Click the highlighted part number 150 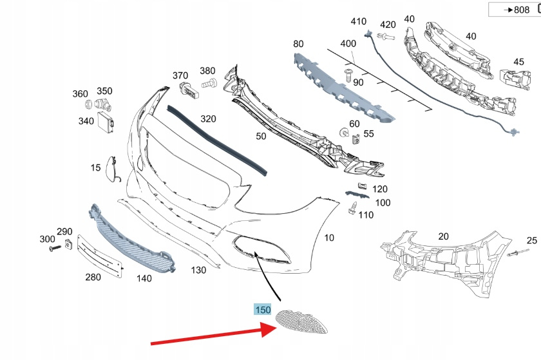(x=262, y=310)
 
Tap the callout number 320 (x=207, y=119)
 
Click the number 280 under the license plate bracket (x=93, y=278)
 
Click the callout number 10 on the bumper (x=329, y=238)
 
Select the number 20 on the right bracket (x=443, y=236)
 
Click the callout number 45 (x=518, y=62)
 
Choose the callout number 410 (x=358, y=21)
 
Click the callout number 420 (x=388, y=25)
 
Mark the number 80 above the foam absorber (x=298, y=44)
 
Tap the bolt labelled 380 (x=207, y=83)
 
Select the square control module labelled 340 (x=104, y=119)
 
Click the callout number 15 (x=95, y=168)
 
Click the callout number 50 (x=260, y=137)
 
